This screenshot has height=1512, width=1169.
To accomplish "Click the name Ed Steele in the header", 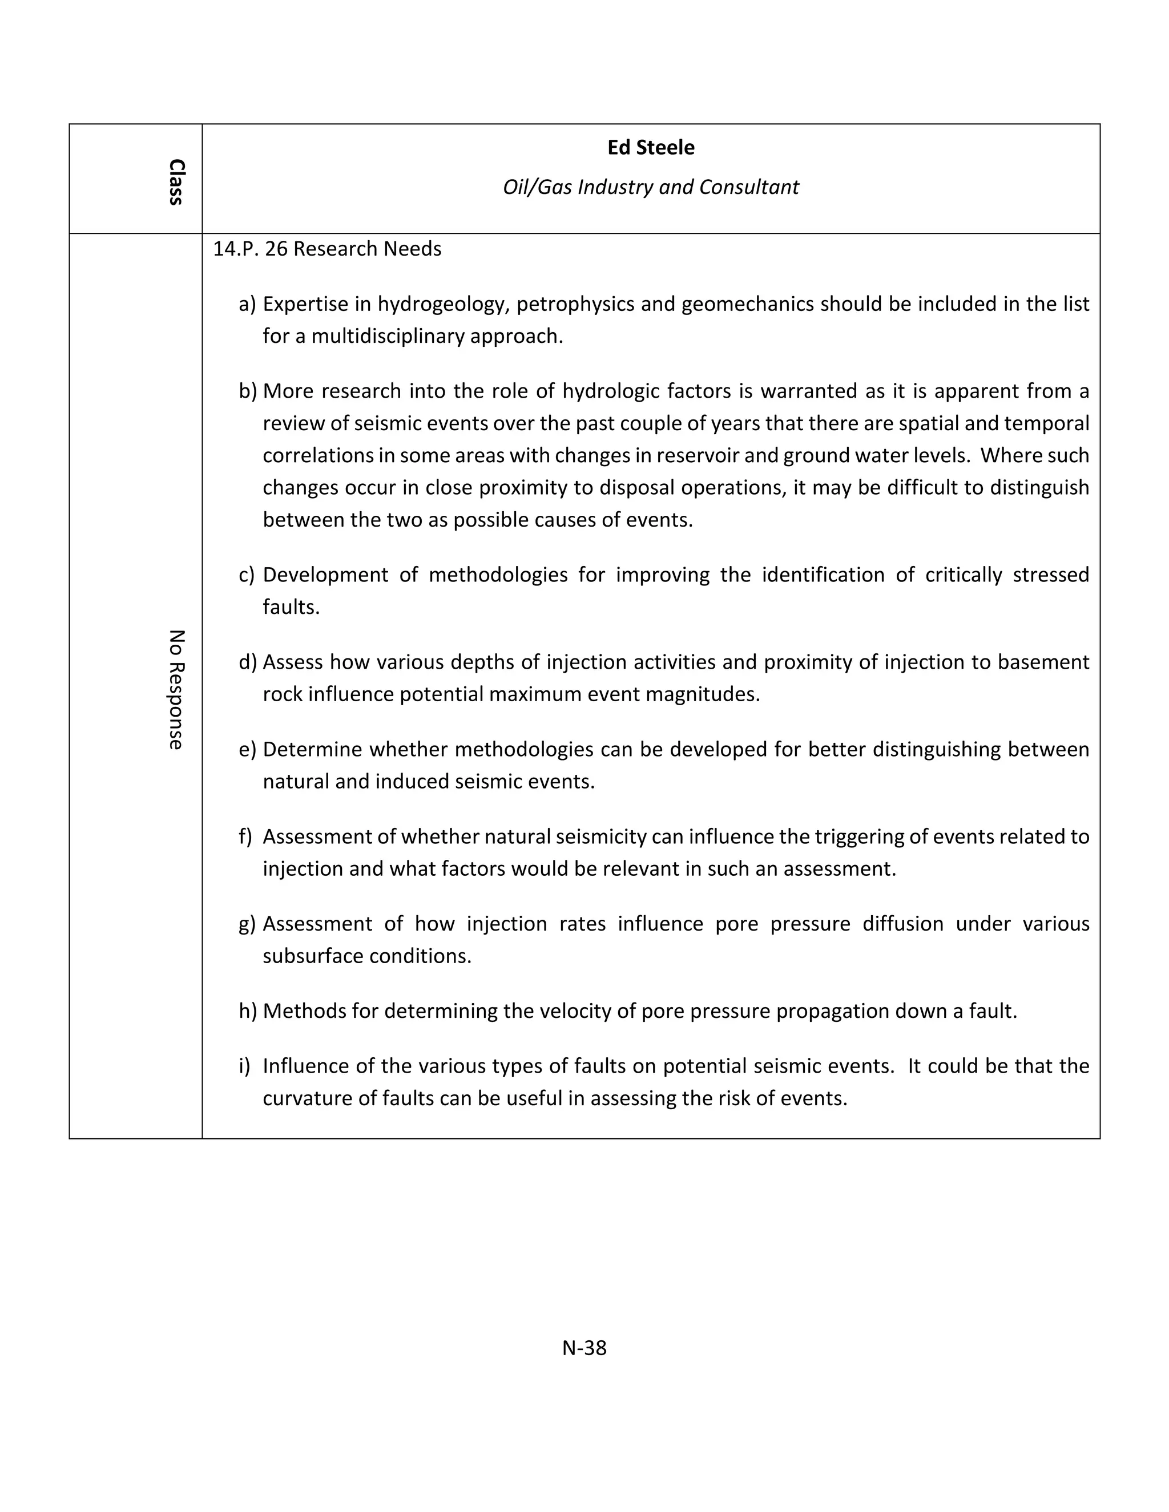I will pos(650,147).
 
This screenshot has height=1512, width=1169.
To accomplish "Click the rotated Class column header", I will pos(176,182).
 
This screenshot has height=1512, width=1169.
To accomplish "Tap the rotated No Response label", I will pos(176,690).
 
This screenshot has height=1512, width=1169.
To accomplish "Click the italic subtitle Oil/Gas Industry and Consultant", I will pos(650,187).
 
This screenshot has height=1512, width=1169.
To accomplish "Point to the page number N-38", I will pos(584,1347).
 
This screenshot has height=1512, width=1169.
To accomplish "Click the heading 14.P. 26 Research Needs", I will pos(327,249).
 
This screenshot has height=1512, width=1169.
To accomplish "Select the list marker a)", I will pos(247,304).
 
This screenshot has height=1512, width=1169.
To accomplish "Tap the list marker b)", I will pos(247,391).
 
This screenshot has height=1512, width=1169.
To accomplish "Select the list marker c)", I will pos(247,575).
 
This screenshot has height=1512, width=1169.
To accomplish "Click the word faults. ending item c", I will pos(291,607).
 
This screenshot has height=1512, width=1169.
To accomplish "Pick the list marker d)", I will pos(247,662).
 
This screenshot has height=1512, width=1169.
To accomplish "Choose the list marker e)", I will pos(247,749).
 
